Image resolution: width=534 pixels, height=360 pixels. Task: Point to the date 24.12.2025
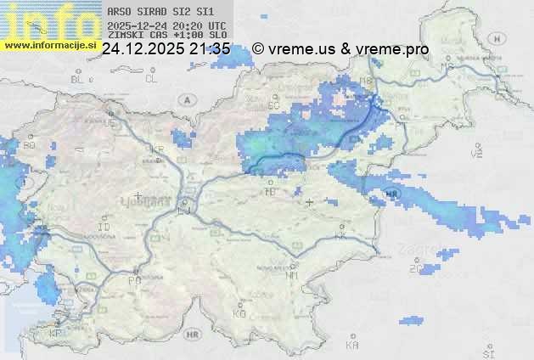[141, 49]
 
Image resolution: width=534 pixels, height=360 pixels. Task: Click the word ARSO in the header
[118, 13]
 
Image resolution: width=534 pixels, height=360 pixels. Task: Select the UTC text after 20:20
[217, 25]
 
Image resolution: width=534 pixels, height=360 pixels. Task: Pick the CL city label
[151, 79]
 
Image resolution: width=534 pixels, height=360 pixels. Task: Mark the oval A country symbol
[186, 100]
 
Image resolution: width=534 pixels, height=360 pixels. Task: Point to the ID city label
[104, 228]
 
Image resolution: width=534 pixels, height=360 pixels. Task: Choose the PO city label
[133, 280]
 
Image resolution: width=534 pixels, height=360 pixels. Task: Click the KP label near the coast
[56, 333]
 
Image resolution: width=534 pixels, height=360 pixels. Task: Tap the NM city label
[292, 275]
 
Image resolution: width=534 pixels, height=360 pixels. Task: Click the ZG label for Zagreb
[415, 269]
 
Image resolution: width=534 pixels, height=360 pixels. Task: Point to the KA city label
[351, 346]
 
